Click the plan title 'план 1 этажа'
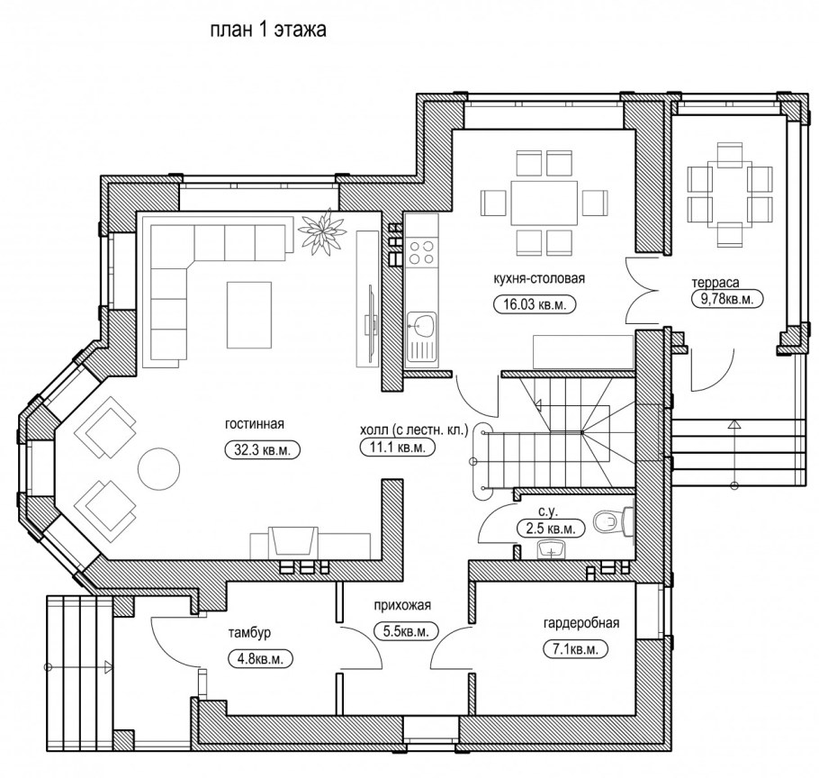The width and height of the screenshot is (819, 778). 268,29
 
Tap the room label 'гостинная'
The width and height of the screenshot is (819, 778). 255,424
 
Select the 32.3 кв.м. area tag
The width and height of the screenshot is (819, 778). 262,450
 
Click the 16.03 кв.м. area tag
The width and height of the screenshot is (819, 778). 535,304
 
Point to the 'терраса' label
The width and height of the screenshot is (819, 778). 715,283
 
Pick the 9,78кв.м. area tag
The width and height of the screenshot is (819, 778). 727,299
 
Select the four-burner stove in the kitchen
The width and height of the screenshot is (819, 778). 421,251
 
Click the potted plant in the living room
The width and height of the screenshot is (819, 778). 322,232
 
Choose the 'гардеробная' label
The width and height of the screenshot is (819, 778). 581,623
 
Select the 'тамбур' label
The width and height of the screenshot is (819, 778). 249,633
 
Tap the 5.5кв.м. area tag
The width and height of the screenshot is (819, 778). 406,631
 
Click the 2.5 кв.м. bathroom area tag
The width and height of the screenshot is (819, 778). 551,529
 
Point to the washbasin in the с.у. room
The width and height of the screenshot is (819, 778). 551,549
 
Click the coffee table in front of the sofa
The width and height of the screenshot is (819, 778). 249,315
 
